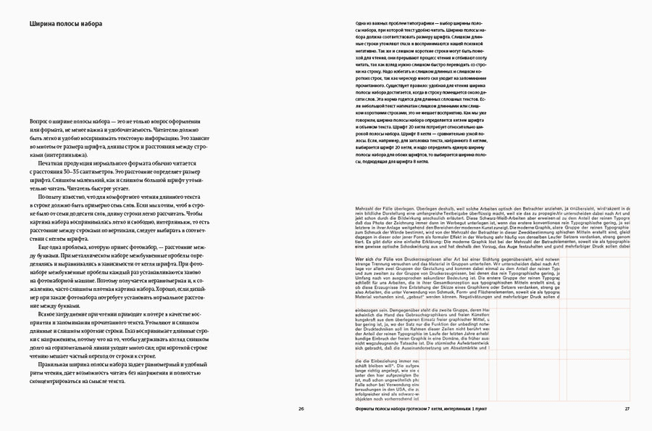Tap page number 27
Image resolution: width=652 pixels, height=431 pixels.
coord(627,409)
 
